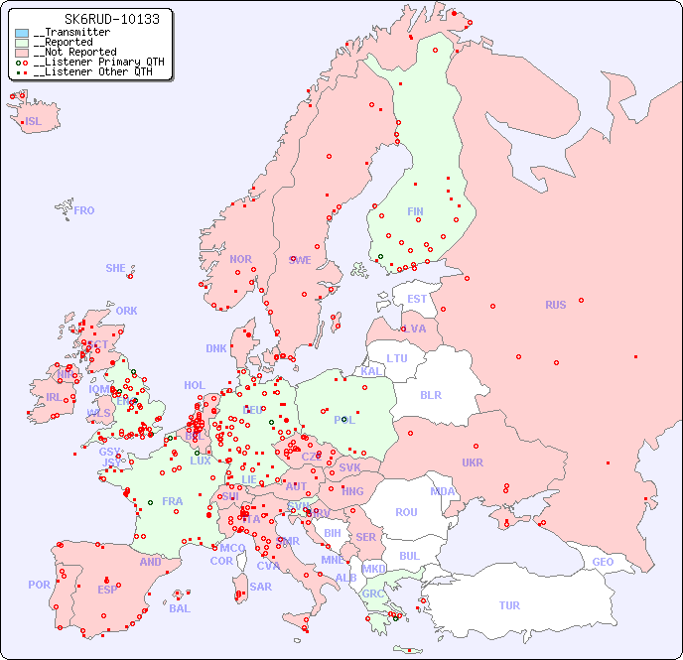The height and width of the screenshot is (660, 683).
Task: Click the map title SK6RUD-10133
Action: (97, 19)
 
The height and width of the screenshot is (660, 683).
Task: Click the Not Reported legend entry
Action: (74, 53)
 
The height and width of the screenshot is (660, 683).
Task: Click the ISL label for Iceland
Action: (34, 122)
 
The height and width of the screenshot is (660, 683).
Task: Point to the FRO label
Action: (84, 210)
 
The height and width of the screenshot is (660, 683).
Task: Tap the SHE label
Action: (115, 268)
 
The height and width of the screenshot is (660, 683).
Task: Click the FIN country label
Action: (415, 211)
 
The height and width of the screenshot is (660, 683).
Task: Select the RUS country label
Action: (555, 305)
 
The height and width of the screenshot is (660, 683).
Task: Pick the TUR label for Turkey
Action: (509, 605)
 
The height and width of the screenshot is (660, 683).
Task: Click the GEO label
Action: (603, 562)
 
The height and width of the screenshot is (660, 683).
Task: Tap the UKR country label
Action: (472, 462)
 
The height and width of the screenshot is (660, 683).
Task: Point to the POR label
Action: (39, 585)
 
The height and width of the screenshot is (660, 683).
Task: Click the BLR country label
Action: (430, 394)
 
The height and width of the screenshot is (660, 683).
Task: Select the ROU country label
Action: (406, 512)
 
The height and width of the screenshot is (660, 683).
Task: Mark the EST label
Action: (417, 299)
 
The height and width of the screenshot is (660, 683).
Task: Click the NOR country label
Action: (240, 259)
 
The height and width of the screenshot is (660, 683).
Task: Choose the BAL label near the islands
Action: (179, 608)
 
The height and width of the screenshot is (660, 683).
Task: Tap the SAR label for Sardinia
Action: (260, 587)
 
